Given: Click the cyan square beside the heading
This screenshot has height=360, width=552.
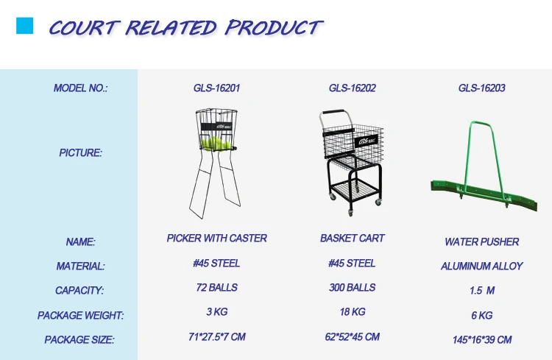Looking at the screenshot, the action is tap(24, 26).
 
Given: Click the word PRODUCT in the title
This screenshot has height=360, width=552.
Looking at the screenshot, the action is tap(274, 27).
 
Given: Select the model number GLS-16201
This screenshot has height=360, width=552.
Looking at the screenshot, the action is tap(216, 88).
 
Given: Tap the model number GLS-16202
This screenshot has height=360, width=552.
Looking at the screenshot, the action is tap(352, 88).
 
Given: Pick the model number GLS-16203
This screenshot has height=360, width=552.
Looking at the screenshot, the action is tap(481, 88).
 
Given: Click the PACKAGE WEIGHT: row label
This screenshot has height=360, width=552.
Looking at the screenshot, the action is tap(81, 315).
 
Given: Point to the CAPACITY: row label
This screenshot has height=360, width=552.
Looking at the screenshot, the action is tap(79, 291).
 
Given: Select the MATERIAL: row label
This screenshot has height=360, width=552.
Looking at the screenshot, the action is tap(81, 267).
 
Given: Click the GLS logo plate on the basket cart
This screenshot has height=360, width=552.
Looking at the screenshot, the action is tap(366, 141).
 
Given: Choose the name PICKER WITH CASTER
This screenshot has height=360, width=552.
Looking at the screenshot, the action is tap(216, 239).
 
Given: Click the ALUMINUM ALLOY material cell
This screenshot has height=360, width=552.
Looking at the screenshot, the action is tap(481, 267).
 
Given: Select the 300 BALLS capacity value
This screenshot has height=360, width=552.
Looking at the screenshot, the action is tap(352, 288).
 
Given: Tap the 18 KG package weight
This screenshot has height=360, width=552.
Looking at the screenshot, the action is tap(353, 311).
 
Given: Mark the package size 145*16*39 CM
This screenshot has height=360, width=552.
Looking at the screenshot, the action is tap(482, 340).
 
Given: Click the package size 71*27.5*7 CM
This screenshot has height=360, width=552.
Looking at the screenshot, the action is tap(217, 337).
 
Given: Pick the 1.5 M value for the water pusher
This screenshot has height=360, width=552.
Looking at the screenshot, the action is tap(482, 291).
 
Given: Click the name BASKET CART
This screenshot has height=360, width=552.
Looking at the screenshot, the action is tap(352, 239).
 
